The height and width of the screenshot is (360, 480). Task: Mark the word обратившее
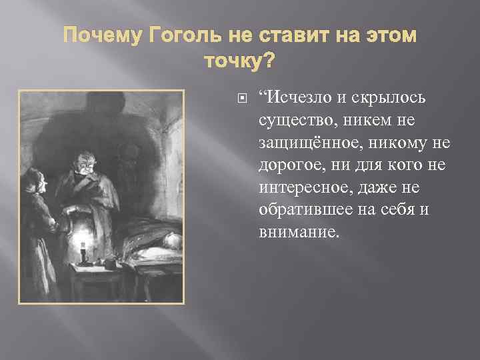coord(298,209)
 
